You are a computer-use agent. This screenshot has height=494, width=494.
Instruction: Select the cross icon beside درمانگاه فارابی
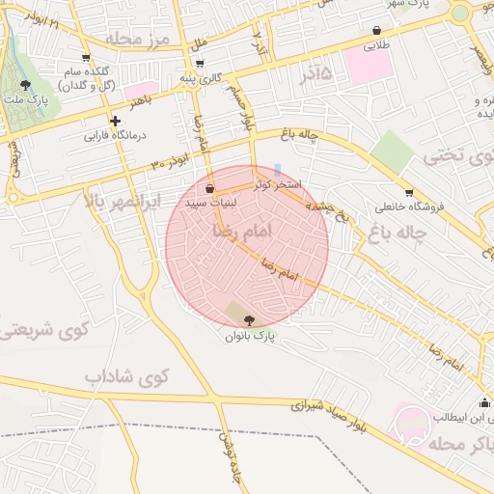pos(116,122)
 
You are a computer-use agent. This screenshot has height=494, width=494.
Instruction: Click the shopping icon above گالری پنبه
pos(200,63)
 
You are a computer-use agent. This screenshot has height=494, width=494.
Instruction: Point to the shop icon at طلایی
pos(376,31)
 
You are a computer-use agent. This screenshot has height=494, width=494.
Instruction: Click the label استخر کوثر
pos(279,182)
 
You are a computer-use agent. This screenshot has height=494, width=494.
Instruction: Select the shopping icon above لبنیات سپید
pos(210,188)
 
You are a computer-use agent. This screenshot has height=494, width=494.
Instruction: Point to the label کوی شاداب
pos(126,374)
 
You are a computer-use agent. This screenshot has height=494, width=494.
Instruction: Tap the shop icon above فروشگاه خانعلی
pos(409,193)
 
